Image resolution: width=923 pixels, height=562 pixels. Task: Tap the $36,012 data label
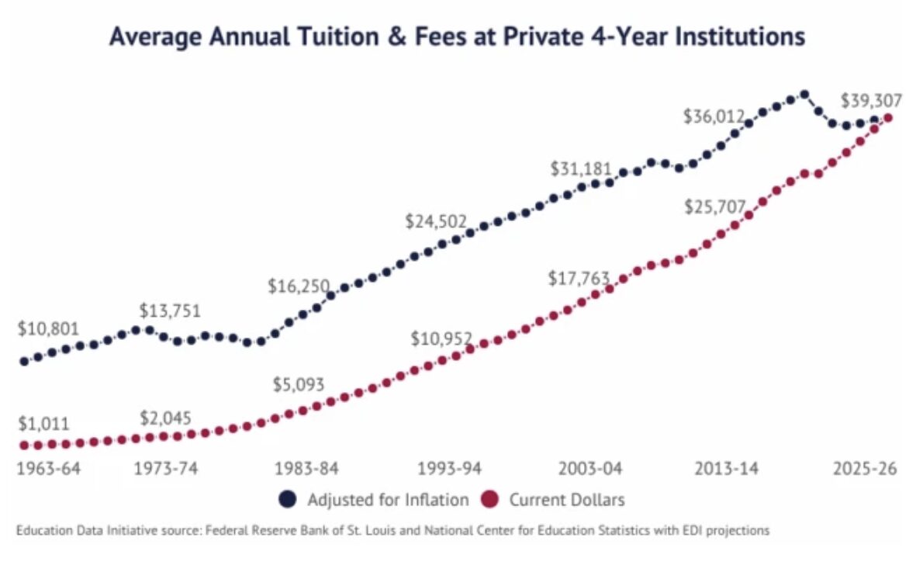click(x=714, y=116)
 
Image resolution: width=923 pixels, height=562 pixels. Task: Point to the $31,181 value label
click(x=581, y=168)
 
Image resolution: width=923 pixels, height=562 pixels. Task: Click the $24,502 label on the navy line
click(x=436, y=220)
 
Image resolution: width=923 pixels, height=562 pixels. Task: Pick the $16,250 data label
click(x=299, y=286)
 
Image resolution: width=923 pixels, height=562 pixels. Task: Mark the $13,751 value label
click(x=170, y=310)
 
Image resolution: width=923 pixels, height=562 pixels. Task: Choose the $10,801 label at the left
click(x=48, y=328)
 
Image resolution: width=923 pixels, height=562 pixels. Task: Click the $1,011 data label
click(x=43, y=424)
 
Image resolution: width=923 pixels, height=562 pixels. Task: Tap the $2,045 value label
click(x=165, y=418)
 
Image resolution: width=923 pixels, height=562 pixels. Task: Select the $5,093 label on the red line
click(x=299, y=384)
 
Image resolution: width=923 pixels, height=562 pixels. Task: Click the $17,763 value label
click(x=579, y=278)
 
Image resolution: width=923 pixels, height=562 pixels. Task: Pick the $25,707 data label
click(x=714, y=206)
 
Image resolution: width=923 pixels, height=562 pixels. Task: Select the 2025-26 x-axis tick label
click(x=865, y=469)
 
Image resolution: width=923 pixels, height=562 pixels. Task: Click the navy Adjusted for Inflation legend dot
click(x=288, y=500)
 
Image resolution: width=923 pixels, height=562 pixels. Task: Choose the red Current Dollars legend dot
click(x=490, y=500)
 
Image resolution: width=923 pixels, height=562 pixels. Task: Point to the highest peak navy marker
click(x=804, y=95)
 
